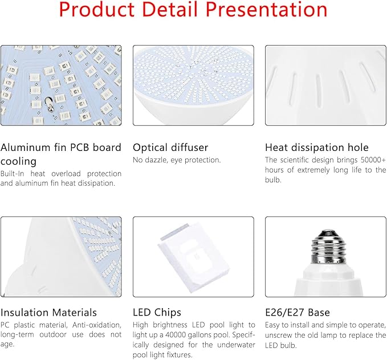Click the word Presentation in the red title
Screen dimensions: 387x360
coord(266,9)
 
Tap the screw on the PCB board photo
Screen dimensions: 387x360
coord(48,103)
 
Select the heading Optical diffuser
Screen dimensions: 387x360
coord(170,148)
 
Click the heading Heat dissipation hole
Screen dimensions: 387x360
coord(317,148)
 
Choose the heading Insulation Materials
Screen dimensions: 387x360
coord(48,312)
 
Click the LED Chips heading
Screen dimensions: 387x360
coord(157,312)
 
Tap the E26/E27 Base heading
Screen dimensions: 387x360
coord(298,312)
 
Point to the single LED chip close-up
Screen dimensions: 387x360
coord(194,257)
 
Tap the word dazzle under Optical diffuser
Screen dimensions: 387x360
coord(156,160)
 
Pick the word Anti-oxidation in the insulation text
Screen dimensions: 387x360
coord(97,325)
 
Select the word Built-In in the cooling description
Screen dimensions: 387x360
coord(13,174)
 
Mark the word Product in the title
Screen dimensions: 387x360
coord(96,9)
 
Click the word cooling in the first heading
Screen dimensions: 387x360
coord(18,161)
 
